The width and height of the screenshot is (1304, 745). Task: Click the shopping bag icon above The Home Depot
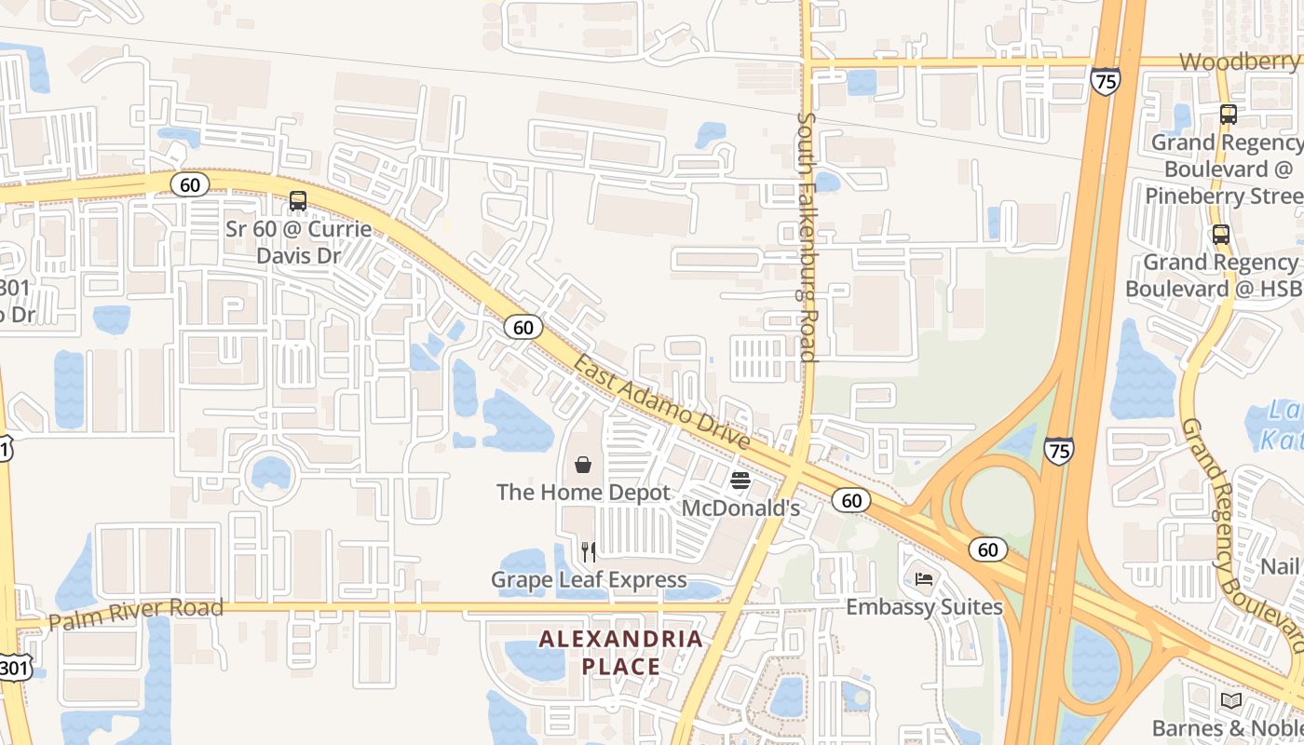[583, 464]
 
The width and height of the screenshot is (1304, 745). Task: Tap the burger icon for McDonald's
[740, 481]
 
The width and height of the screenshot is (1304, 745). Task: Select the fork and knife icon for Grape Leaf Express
[588, 552]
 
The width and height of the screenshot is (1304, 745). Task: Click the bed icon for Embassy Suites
[924, 579]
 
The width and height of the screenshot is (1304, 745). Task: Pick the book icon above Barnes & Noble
[1231, 700]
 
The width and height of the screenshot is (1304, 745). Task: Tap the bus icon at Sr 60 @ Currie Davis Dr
[298, 200]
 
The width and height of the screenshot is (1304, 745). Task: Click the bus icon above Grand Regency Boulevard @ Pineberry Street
[1229, 115]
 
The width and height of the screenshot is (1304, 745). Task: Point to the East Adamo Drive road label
[661, 401]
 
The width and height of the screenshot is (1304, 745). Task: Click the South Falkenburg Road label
[807, 237]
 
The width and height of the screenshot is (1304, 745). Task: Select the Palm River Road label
[136, 614]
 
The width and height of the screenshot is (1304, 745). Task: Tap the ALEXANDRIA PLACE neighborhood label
[621, 653]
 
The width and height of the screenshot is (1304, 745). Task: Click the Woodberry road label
[1239, 61]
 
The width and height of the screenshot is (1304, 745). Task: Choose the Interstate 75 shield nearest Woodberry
[1105, 81]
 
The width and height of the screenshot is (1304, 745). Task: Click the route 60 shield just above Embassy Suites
[988, 549]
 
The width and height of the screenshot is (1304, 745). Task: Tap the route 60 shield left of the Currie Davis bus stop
[190, 184]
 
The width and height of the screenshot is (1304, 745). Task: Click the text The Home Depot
[583, 492]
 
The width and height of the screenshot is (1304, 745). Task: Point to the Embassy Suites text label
[924, 607]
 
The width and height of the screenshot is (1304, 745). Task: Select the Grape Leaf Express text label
[589, 580]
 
